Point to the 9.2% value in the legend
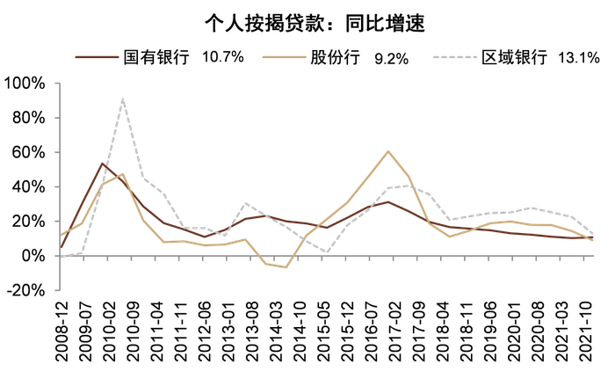click(x=391, y=58)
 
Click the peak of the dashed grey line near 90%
click(x=123, y=98)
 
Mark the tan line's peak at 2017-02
click(x=388, y=151)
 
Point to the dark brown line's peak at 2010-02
click(x=103, y=164)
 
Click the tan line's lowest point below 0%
click(x=286, y=266)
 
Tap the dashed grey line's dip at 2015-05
click(x=327, y=252)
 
